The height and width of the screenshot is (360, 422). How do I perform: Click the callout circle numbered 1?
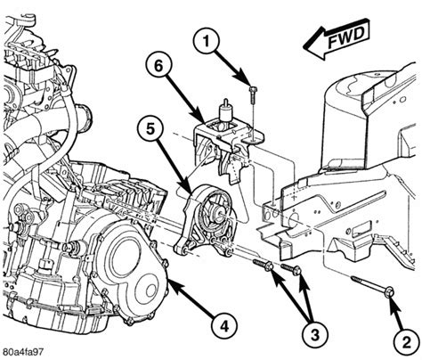[206, 41]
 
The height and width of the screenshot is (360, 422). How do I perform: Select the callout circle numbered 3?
[315, 333]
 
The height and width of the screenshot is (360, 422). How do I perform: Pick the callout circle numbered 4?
[224, 326]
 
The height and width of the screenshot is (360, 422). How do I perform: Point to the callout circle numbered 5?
[150, 130]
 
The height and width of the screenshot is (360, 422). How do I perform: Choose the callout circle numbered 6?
[158, 66]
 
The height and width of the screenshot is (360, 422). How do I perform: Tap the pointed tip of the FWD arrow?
[304, 46]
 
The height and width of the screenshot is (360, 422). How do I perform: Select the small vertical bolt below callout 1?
[253, 94]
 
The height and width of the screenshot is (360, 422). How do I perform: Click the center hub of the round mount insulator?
[219, 215]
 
